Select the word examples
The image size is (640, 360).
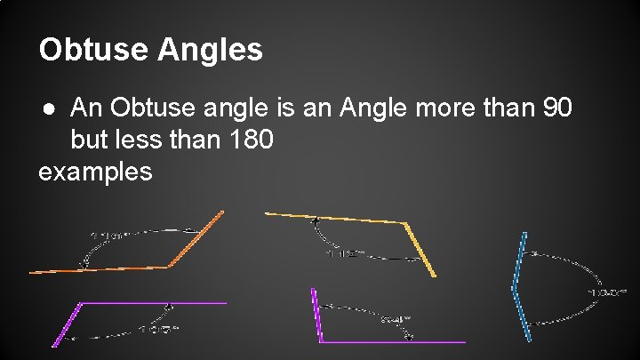(95, 171)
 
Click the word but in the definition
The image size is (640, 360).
(90, 140)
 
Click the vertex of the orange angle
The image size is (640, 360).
(169, 266)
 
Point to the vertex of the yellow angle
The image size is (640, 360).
(405, 221)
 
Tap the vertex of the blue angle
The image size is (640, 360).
(515, 286)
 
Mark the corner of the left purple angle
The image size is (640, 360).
(83, 303)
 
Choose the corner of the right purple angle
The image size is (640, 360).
(322, 341)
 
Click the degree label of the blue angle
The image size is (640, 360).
(608, 291)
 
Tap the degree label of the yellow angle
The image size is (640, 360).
(346, 254)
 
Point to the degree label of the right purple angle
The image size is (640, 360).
(396, 319)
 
